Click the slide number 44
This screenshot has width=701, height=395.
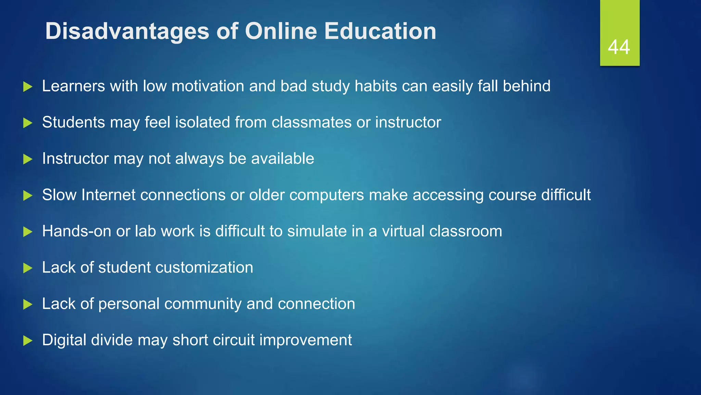pyautogui.click(x=619, y=47)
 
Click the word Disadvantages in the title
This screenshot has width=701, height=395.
pyautogui.click(x=127, y=31)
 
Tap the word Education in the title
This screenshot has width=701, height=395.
pyautogui.click(x=380, y=31)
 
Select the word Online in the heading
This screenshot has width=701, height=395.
pyautogui.click(x=281, y=31)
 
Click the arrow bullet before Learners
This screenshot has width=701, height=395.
pyautogui.click(x=28, y=86)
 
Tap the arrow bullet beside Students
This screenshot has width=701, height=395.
pyautogui.click(x=28, y=123)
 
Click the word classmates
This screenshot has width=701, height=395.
pyautogui.click(x=311, y=122)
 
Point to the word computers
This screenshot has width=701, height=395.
pyautogui.click(x=327, y=195)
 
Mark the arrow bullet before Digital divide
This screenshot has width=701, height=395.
pyautogui.click(x=28, y=341)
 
